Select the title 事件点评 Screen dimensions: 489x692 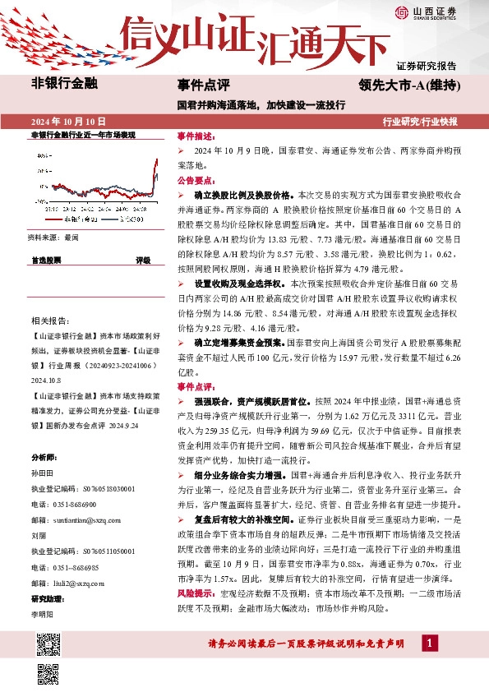(x=203, y=84)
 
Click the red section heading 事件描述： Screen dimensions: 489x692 (x=196, y=136)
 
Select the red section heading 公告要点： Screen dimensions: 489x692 (x=196, y=180)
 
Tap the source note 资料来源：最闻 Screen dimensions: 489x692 (x=53, y=237)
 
